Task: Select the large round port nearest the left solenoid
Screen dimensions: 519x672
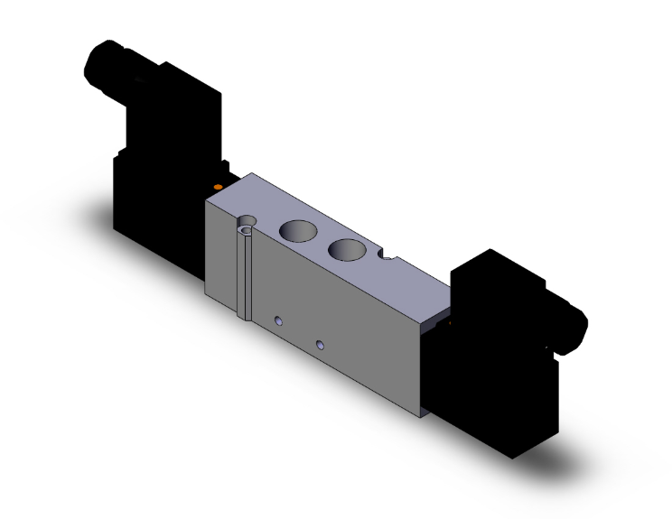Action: click(x=298, y=232)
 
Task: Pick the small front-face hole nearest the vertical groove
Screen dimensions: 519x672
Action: click(x=279, y=320)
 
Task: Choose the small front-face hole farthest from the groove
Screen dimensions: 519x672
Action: click(x=320, y=344)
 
